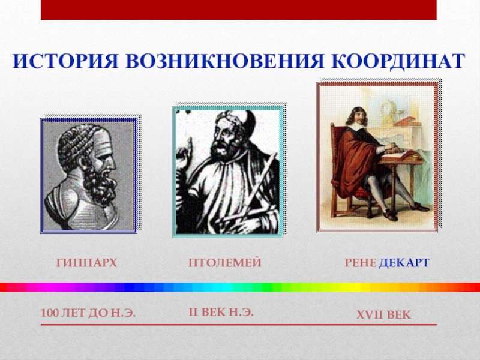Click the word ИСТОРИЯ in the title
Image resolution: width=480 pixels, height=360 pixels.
(x=65, y=61)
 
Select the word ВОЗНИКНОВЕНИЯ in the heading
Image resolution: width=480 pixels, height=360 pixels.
(x=224, y=61)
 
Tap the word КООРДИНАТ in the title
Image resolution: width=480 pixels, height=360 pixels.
(x=398, y=61)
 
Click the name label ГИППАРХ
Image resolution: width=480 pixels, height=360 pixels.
(x=86, y=263)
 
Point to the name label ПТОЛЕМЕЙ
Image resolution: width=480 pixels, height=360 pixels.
(x=225, y=263)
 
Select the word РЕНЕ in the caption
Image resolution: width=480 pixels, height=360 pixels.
(x=361, y=263)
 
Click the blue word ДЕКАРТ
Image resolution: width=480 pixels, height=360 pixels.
(x=404, y=263)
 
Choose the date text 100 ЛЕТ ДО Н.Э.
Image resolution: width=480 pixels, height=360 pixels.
(x=88, y=313)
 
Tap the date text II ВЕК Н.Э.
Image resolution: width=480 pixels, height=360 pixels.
(x=221, y=312)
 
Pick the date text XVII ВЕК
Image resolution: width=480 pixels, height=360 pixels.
(x=383, y=314)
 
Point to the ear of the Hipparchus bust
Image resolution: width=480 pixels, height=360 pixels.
(x=83, y=161)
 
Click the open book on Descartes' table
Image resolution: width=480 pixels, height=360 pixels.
(x=398, y=155)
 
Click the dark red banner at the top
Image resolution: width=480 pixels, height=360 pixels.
(x=238, y=10)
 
